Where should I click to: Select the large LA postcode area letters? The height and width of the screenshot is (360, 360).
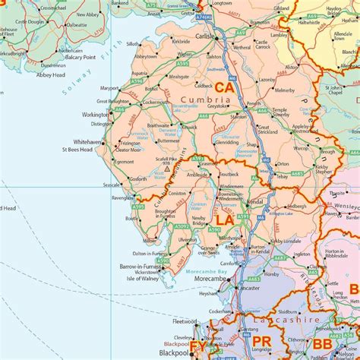tap(224, 219)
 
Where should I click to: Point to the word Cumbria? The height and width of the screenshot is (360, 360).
tap(212, 100)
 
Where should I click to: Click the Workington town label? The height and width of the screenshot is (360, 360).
tap(94, 115)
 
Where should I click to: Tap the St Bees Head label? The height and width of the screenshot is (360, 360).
tap(77, 150)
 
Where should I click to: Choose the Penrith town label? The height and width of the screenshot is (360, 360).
tap(253, 103)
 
